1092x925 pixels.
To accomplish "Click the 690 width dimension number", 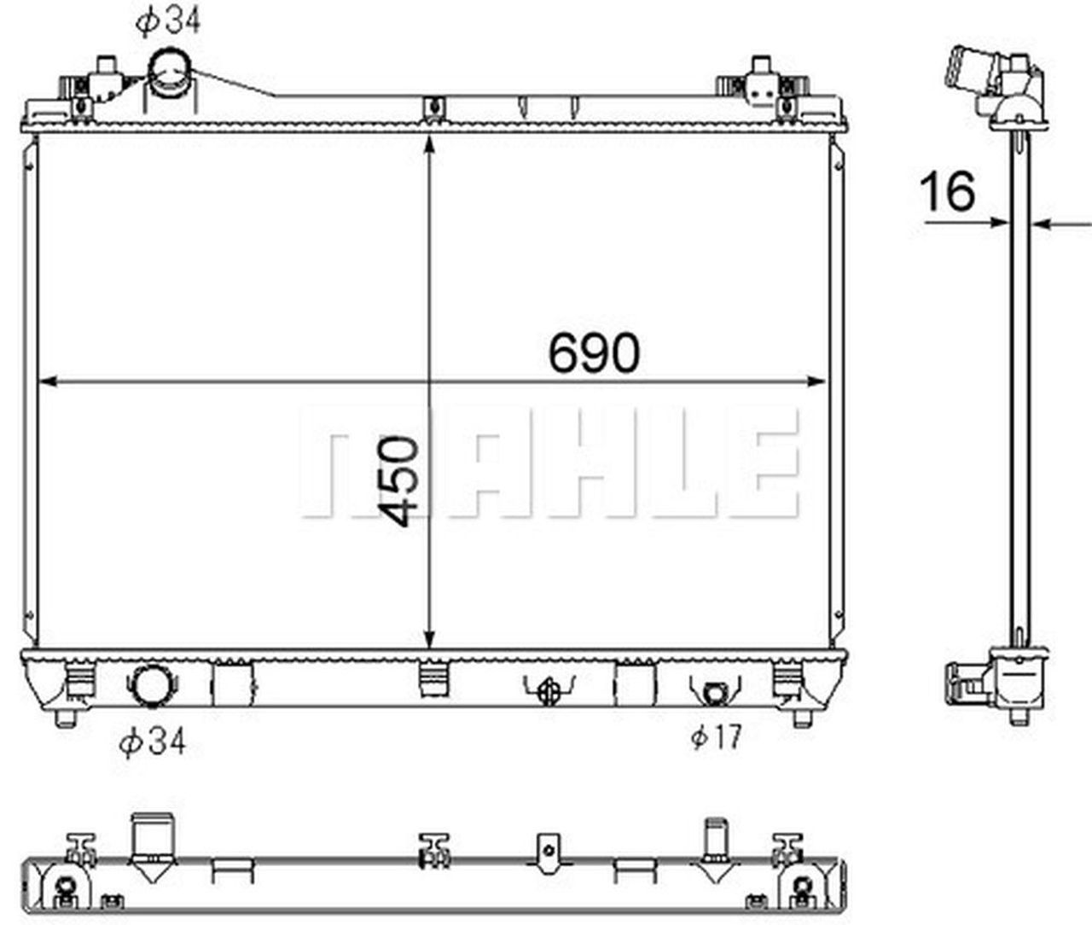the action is [594, 352].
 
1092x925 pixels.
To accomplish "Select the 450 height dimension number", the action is [398, 481].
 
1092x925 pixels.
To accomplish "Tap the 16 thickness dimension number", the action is [947, 191].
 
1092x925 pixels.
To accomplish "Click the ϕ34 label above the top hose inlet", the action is [168, 22].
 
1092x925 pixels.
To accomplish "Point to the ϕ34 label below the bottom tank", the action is [153, 742].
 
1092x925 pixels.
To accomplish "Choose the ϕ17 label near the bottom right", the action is [717, 736].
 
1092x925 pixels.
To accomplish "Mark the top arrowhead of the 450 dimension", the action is [429, 143].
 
